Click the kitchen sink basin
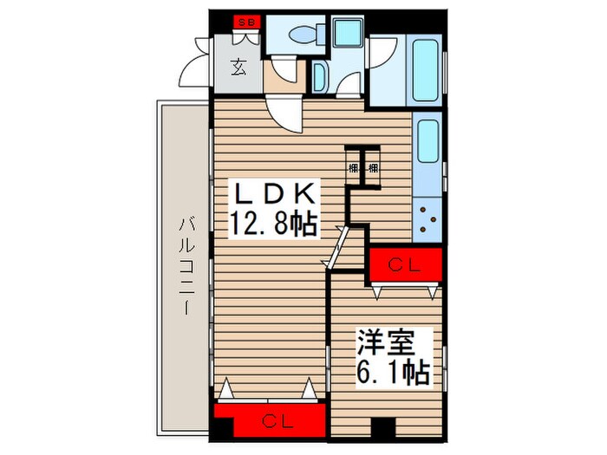coord(428,143)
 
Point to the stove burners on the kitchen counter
coord(428,218)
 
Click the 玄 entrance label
coord(238,65)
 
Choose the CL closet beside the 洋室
coord(406,265)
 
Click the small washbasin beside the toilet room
coord(318,76)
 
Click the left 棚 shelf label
coord(354,166)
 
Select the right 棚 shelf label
coord(374,166)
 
